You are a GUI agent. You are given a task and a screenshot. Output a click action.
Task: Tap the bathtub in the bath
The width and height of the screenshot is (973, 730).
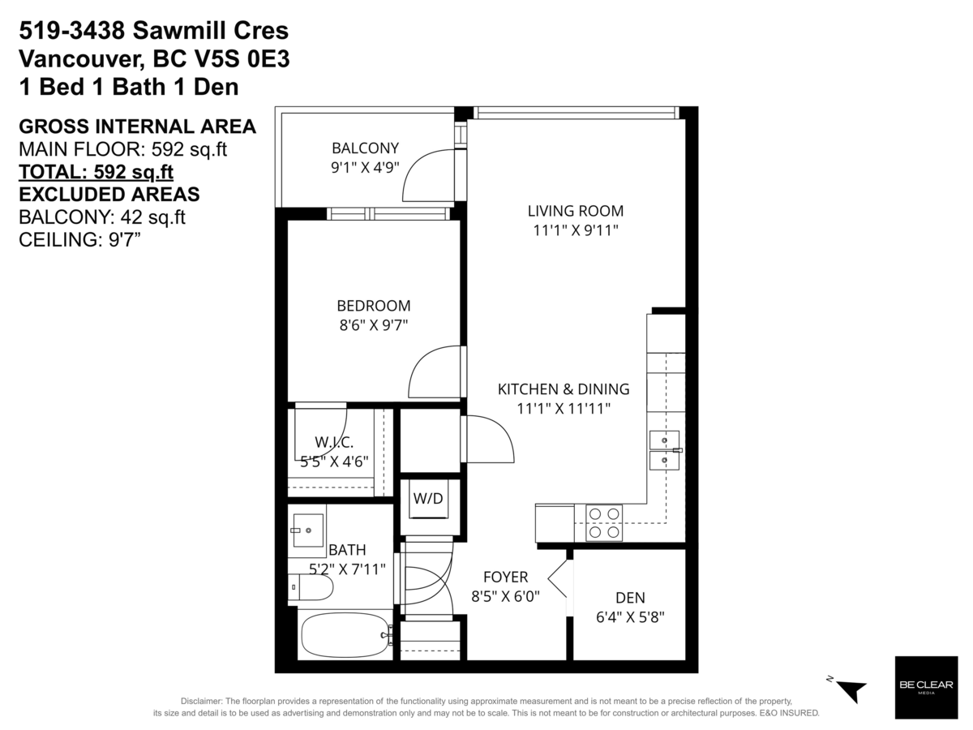tap(345, 634)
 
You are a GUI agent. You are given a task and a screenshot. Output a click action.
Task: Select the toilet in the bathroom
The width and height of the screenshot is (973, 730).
tap(311, 586)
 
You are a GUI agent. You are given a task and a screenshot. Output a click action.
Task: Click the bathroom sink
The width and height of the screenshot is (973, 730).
tap(306, 530)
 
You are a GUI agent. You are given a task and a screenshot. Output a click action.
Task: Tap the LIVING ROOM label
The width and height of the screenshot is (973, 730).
tap(575, 211)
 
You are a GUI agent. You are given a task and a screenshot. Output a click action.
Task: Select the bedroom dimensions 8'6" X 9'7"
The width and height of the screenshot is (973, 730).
tap(373, 325)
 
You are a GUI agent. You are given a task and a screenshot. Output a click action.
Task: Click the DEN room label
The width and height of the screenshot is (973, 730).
tap(630, 598)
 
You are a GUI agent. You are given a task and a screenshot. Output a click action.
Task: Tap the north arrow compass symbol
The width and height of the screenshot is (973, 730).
tap(848, 689)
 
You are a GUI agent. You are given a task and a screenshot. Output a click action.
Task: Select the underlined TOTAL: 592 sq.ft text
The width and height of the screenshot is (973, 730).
tap(96, 172)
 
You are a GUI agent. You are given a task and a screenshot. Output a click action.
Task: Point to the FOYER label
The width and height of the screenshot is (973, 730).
tap(505, 577)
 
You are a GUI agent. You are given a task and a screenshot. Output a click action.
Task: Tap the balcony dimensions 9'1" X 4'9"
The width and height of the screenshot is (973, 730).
tap(365, 167)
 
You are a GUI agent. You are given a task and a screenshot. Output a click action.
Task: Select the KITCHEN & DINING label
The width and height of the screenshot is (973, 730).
tap(563, 389)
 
